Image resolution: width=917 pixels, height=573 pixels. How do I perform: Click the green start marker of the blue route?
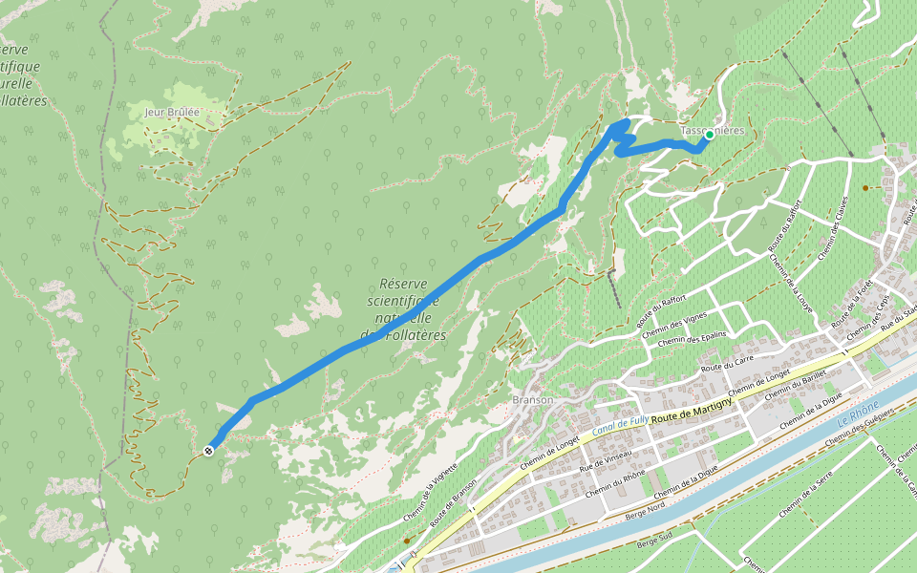[710, 135]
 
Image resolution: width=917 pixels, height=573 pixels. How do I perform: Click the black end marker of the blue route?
[208, 449]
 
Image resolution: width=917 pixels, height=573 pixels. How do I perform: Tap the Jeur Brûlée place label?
[172, 112]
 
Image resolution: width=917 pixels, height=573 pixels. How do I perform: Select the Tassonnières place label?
[712, 130]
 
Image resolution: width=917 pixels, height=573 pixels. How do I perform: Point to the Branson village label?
[532, 400]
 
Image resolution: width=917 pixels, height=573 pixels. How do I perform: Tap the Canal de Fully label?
[621, 424]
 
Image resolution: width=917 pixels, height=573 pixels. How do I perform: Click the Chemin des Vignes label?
[674, 325]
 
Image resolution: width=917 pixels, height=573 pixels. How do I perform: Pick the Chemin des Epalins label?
[692, 338]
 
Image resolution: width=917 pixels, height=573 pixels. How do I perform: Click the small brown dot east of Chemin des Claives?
[865, 187]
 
